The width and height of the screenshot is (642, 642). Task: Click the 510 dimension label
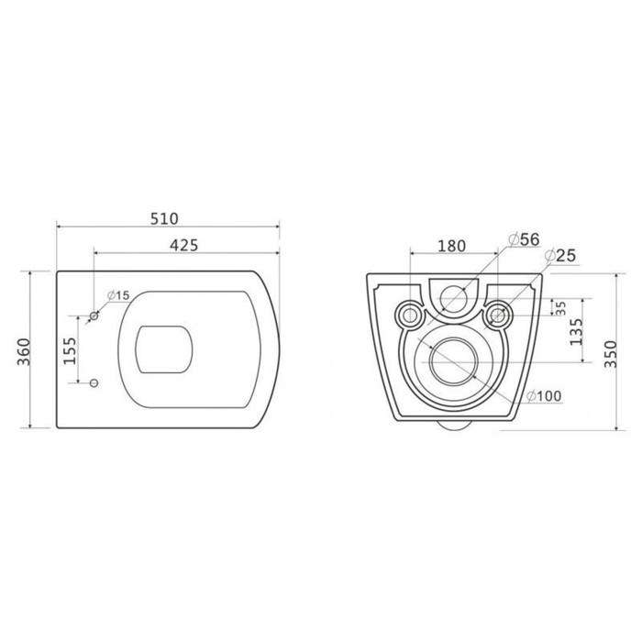[164, 218]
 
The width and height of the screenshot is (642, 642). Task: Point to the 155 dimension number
[70, 349]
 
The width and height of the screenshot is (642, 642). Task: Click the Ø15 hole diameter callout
[118, 294]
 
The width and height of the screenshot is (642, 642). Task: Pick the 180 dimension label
[451, 245]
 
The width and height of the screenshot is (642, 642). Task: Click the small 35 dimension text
[559, 306]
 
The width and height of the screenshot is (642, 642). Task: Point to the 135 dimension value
[575, 330]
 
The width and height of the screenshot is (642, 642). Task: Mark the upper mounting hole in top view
[94, 316]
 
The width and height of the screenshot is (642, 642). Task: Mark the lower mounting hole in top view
[94, 382]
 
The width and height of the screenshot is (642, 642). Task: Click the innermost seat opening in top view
[164, 349]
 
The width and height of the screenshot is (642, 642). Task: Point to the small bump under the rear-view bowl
[453, 425]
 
